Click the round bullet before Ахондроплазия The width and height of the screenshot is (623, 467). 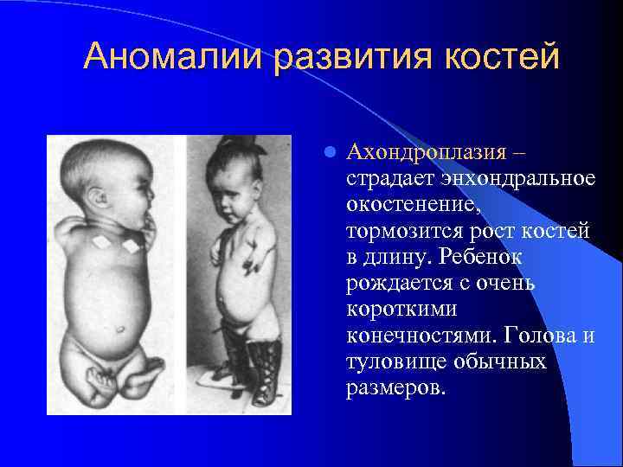pyautogui.click(x=328, y=153)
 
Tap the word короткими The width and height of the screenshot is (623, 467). pyautogui.click(x=399, y=310)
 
